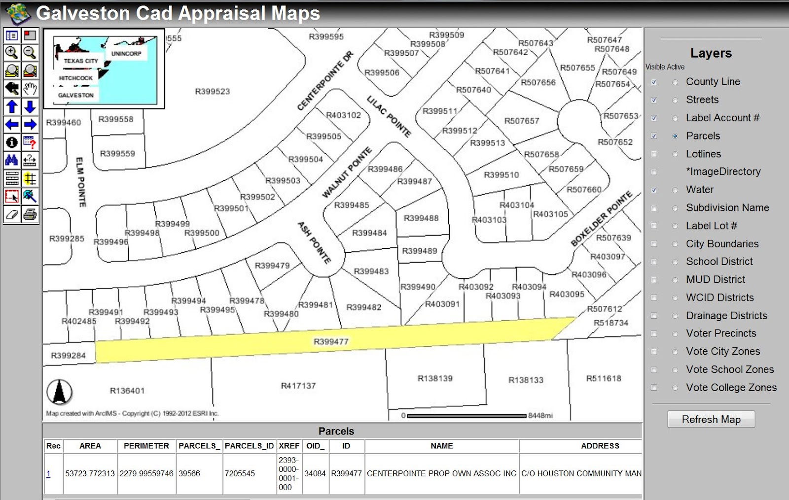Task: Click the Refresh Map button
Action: pos(711,419)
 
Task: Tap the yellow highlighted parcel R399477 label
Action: pos(331,341)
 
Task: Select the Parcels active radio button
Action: pos(675,136)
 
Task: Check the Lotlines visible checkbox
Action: pos(654,154)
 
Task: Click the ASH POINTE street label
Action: pos(314,242)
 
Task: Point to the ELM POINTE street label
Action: pos(81,182)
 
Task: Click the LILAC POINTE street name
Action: pos(389,116)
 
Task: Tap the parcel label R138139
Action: pos(435,378)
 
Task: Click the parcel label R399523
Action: pos(212,91)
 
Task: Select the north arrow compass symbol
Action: pos(60,393)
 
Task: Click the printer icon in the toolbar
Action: pos(30,214)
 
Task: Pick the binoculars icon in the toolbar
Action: pos(12,161)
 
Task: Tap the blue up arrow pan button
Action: pos(12,106)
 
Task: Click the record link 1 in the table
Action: pos(48,474)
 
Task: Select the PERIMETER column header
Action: pos(146,446)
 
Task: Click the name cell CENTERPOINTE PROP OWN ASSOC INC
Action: pos(441,473)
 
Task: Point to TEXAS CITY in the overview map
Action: pos(81,61)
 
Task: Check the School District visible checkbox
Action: pos(654,262)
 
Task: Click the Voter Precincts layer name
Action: pos(720,333)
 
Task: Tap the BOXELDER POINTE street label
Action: pos(601,218)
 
